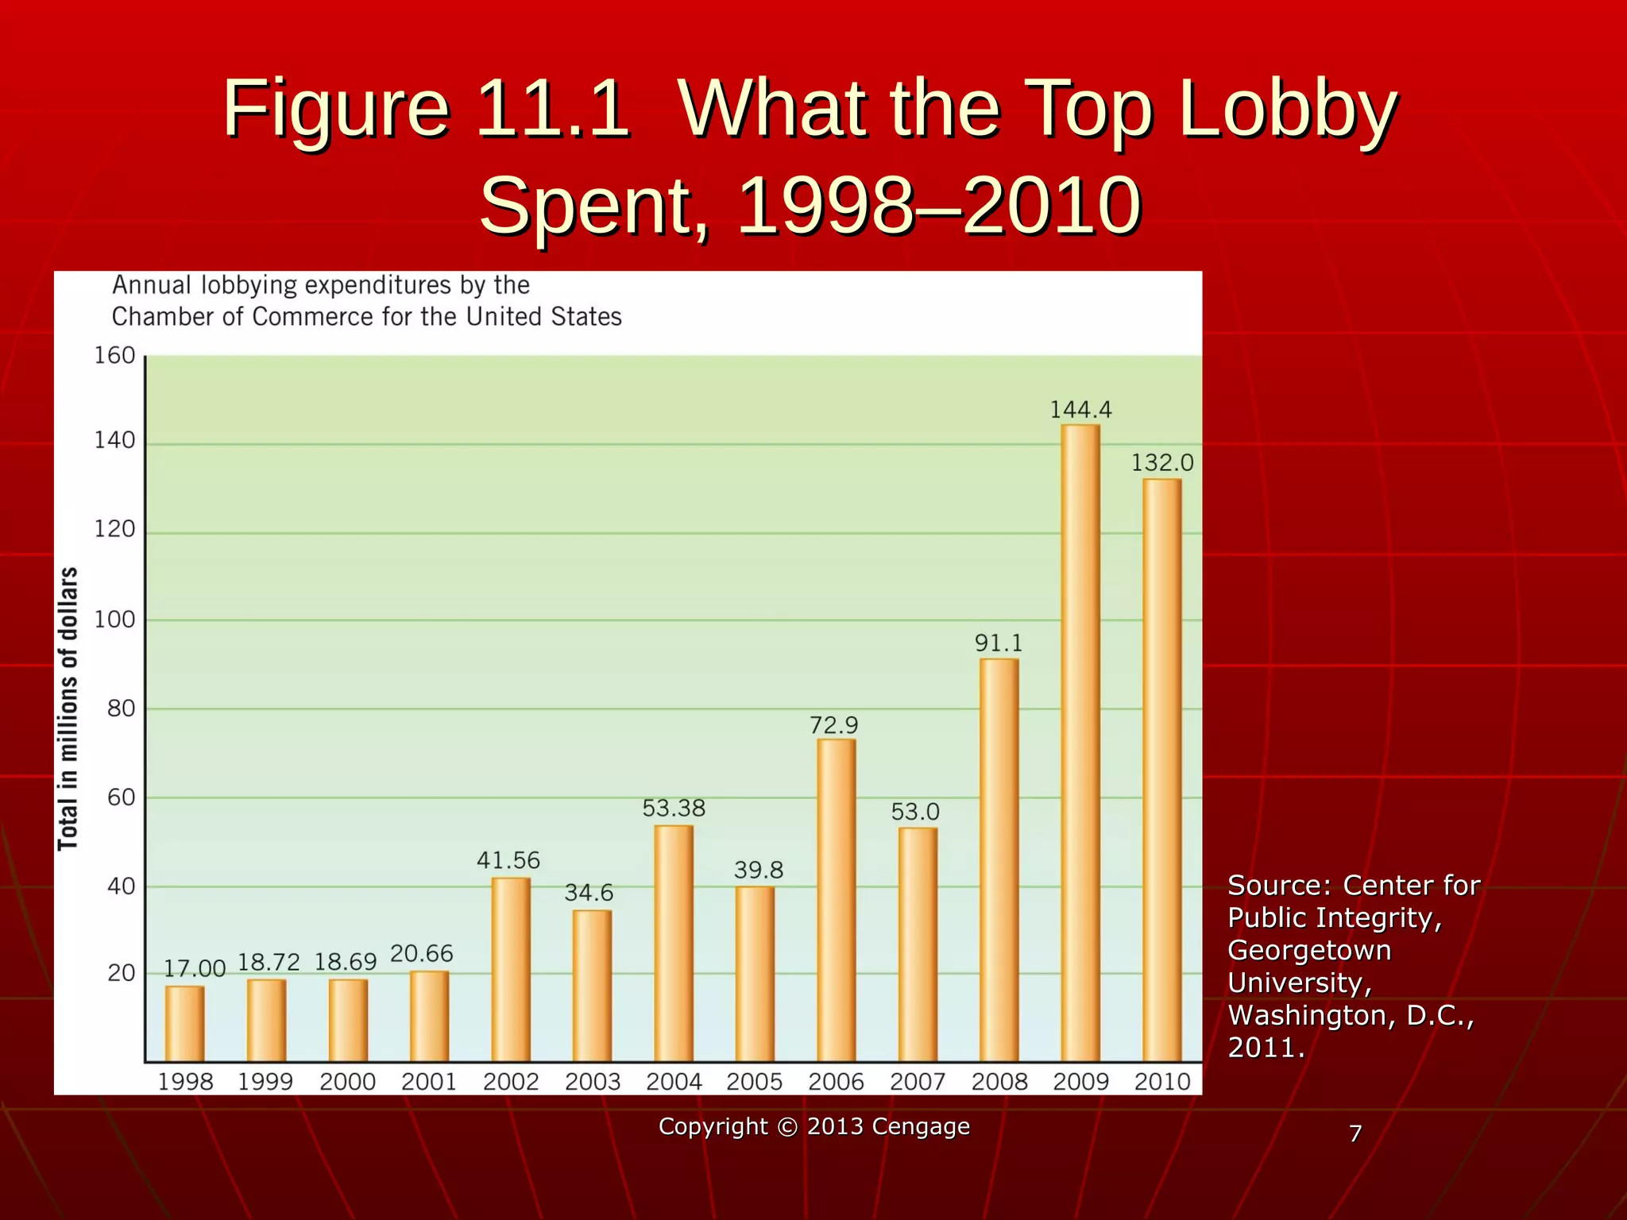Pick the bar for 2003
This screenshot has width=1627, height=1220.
pyautogui.click(x=592, y=986)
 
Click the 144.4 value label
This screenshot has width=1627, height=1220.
pyautogui.click(x=1080, y=410)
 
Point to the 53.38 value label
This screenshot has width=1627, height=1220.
pyautogui.click(x=674, y=809)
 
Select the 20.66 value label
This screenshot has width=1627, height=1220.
pyautogui.click(x=421, y=954)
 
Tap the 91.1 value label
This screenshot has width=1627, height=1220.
pyautogui.click(x=999, y=643)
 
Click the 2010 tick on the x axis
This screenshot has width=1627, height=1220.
pyautogui.click(x=1162, y=1082)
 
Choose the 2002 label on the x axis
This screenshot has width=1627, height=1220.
pyautogui.click(x=511, y=1082)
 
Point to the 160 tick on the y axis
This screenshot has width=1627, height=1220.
pyautogui.click(x=114, y=356)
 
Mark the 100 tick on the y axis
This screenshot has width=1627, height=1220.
pyautogui.click(x=114, y=620)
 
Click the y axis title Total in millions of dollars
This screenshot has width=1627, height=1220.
pyautogui.click(x=68, y=708)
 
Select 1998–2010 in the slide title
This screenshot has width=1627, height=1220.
pyautogui.click(x=939, y=207)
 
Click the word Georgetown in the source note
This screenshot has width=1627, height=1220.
pyautogui.click(x=1308, y=950)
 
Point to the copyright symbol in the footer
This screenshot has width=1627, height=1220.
pyautogui.click(x=786, y=1127)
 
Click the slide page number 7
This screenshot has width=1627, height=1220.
pyautogui.click(x=1355, y=1133)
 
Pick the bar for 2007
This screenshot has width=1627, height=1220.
pyautogui.click(x=918, y=944)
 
